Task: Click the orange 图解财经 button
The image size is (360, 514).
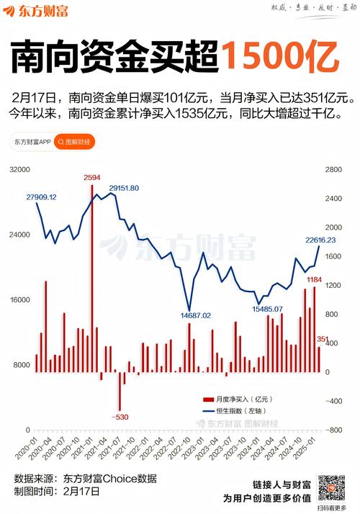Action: click(x=74, y=142)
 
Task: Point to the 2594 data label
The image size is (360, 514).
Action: click(x=92, y=177)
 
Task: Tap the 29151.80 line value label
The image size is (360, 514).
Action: click(x=124, y=188)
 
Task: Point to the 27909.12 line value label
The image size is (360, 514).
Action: click(x=41, y=197)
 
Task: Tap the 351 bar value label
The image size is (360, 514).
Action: click(x=323, y=339)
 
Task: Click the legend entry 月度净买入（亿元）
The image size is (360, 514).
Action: click(x=241, y=399)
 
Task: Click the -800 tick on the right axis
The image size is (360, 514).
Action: click(x=336, y=430)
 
